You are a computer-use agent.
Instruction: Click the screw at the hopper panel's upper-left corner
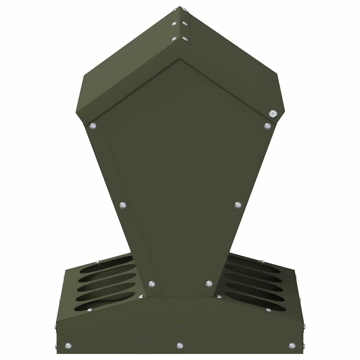[93, 126]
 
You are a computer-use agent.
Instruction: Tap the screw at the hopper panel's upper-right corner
[268, 126]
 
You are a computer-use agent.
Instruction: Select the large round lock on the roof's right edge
[272, 114]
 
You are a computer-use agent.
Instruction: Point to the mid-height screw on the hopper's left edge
[123, 205]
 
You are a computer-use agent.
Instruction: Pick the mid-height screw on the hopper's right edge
[238, 205]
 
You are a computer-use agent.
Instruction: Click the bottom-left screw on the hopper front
[152, 284]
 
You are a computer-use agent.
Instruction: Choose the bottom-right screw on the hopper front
[209, 284]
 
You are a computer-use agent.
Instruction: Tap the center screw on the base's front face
[180, 346]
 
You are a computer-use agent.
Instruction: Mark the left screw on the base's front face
[68, 346]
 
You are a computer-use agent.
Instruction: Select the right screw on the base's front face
[292, 346]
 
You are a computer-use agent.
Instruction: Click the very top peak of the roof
[180, 7]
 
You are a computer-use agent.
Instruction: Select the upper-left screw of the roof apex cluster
[174, 24]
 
